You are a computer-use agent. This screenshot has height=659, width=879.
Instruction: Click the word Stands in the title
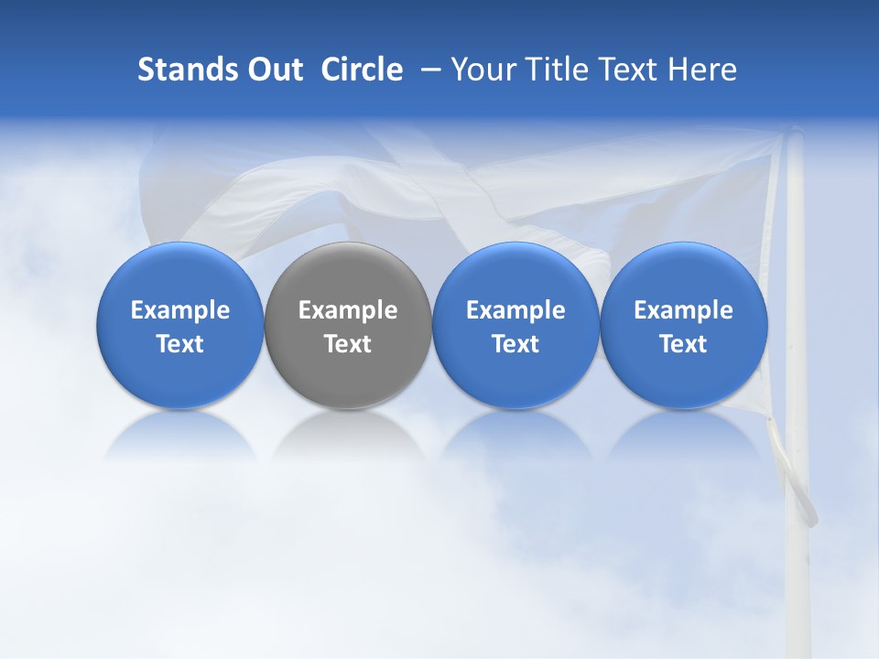[x=179, y=70]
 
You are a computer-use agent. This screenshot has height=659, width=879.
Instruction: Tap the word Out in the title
[x=272, y=70]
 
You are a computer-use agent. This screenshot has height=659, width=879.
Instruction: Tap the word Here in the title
[x=701, y=70]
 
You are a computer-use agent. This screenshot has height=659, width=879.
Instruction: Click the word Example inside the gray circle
[x=348, y=310]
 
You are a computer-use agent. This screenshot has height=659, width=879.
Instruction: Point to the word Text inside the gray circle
[x=348, y=344]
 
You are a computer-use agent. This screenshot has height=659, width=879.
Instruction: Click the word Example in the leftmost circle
[x=179, y=310]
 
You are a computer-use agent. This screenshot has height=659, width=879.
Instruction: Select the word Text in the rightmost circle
[x=684, y=344]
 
